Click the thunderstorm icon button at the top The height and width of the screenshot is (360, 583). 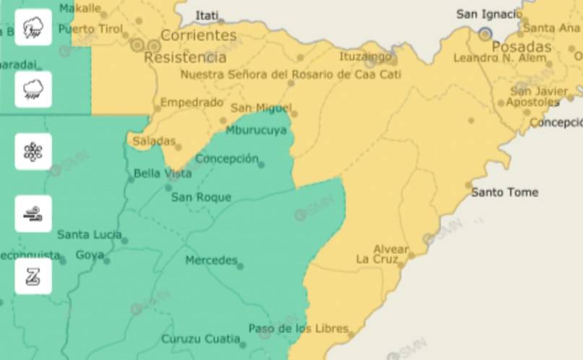click(x=33, y=27)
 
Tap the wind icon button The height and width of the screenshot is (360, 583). click(x=33, y=214)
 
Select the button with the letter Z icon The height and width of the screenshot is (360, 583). click(x=33, y=276)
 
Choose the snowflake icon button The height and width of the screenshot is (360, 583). click(x=33, y=152)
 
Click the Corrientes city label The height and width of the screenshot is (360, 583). click(x=198, y=35)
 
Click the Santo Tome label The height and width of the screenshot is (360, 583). click(x=504, y=192)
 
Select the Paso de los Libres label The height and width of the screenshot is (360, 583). click(x=298, y=328)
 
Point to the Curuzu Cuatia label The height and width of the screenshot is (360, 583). click(x=200, y=338)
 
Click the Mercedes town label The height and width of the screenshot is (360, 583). click(x=211, y=260)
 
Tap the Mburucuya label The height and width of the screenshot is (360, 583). click(x=256, y=131)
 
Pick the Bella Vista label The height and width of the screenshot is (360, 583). click(x=163, y=173)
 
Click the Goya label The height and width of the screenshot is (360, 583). click(x=90, y=255)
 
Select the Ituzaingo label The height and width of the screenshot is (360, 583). click(x=366, y=56)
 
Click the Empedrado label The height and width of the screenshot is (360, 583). click(x=191, y=103)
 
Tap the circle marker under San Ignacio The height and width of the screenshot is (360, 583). click(x=485, y=33)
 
